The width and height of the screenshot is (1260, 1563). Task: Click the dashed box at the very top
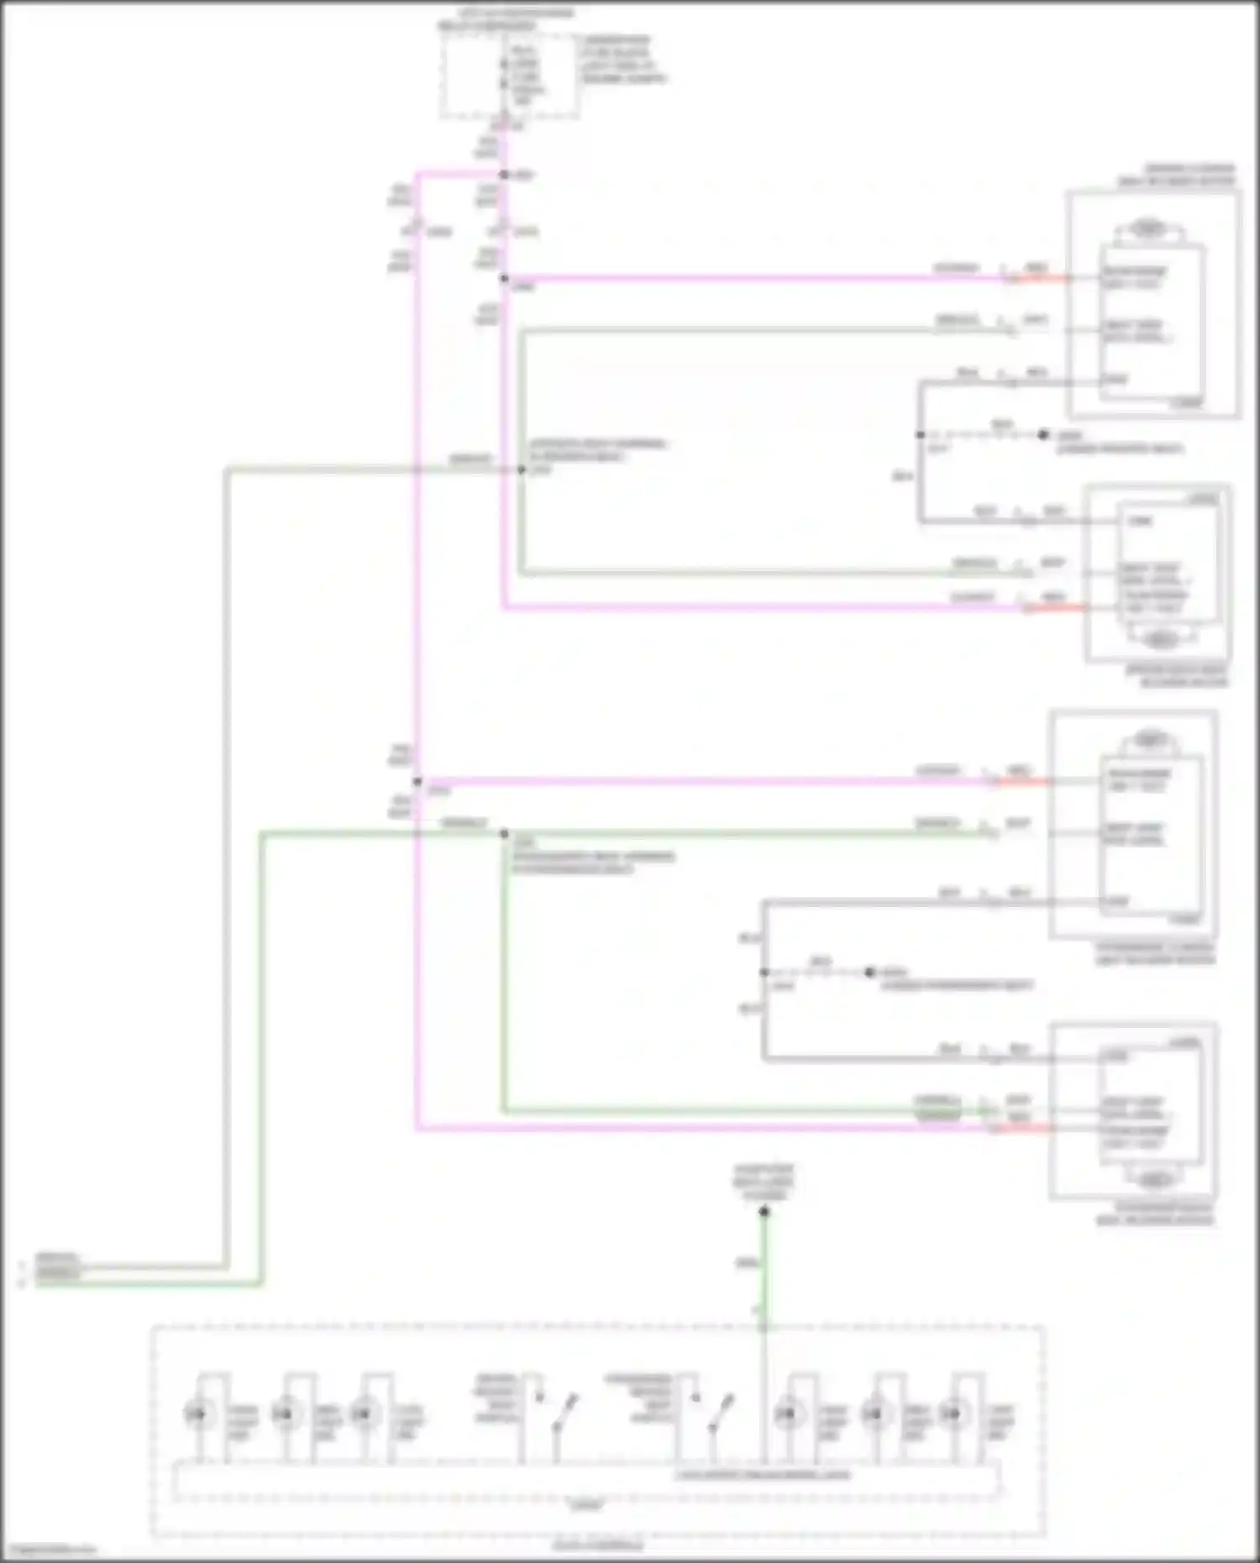pos(509,76)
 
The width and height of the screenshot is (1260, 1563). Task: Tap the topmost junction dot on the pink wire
pos(504,175)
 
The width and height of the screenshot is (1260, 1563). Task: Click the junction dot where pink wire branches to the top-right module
pos(504,278)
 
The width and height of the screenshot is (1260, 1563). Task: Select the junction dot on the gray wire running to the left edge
pos(521,469)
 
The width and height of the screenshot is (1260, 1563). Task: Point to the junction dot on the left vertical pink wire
pos(417,781)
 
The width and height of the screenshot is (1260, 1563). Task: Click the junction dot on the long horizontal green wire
pos(504,834)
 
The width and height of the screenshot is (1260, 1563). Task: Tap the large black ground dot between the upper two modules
pos(1042,434)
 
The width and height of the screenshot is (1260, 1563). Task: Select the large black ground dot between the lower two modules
pos(869,972)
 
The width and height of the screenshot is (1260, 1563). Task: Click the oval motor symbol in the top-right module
pos(1148,228)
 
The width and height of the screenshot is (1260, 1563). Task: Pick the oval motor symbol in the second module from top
pos(1161,639)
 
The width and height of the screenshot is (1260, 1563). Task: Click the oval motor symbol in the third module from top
pos(1148,740)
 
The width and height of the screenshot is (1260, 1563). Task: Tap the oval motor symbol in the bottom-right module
pos(1156,1179)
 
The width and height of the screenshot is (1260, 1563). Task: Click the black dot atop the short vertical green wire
pos(764,1211)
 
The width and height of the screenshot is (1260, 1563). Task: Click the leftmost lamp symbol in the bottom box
pos(199,1414)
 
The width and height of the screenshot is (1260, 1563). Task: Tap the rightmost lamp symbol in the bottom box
pos(953,1414)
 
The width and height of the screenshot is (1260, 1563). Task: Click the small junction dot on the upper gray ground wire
pos(921,434)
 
